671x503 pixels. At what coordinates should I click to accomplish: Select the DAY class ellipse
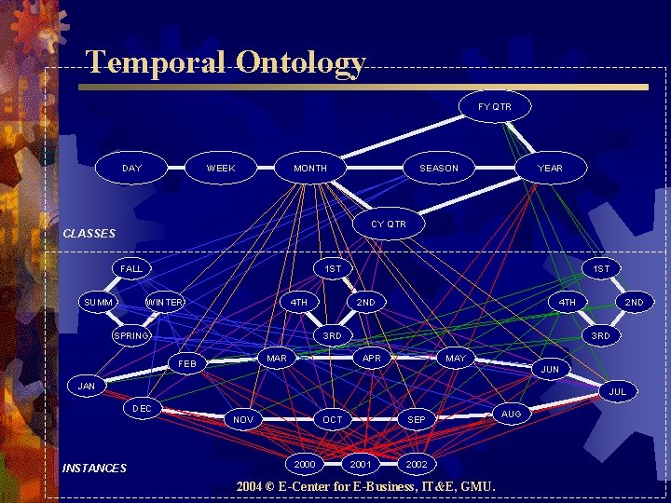pos(132,168)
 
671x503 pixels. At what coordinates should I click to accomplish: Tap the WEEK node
pos(221,168)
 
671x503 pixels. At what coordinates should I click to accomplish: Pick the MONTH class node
pos(310,168)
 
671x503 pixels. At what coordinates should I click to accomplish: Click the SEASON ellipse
pos(439,168)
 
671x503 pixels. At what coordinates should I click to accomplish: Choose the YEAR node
pos(550,168)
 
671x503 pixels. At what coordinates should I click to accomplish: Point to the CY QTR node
pos(389,224)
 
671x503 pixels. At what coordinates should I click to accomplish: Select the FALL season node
pos(131,268)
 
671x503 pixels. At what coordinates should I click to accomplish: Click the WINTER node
pos(165,302)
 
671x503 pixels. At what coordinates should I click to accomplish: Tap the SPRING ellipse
pos(131,335)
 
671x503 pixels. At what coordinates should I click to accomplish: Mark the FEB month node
pos(187,363)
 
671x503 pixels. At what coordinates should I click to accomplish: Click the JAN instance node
pos(87,386)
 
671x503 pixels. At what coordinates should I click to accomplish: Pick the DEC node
pos(143,408)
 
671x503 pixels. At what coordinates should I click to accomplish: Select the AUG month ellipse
pos(512,413)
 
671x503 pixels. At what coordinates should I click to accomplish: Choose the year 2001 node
pos(361,463)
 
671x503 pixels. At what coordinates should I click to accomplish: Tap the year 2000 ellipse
pos(305,463)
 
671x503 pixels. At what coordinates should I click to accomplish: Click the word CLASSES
pos(89,233)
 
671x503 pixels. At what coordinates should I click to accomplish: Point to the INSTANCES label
pos(93,468)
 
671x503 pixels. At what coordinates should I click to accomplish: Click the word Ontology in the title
pos(300,62)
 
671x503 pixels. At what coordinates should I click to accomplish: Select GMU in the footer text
pos(476,486)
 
